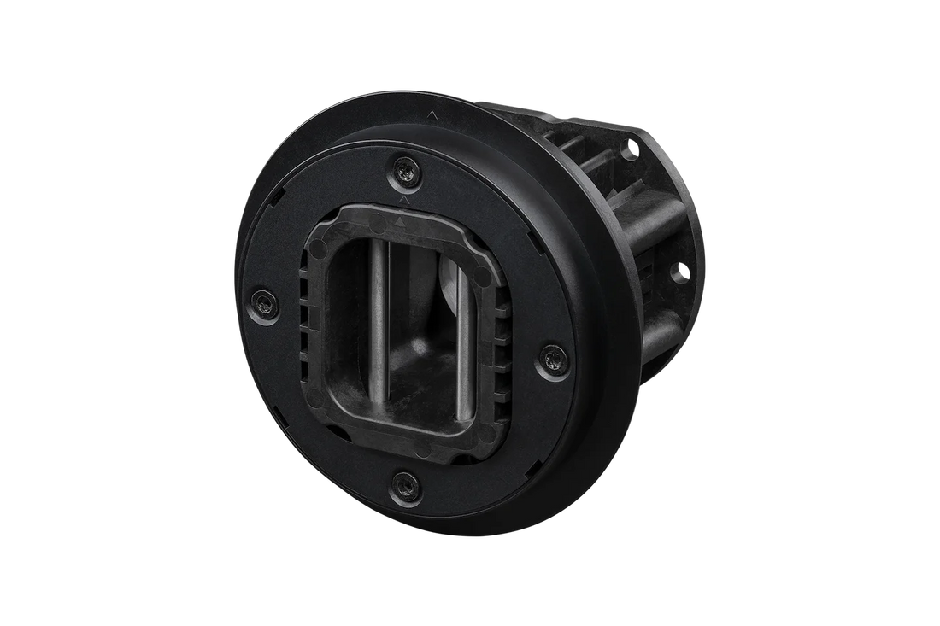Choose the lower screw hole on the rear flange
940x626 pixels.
[x=682, y=273]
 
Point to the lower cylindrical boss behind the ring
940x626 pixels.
[x=663, y=337]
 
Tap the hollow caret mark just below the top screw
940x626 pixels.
[x=402, y=198]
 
